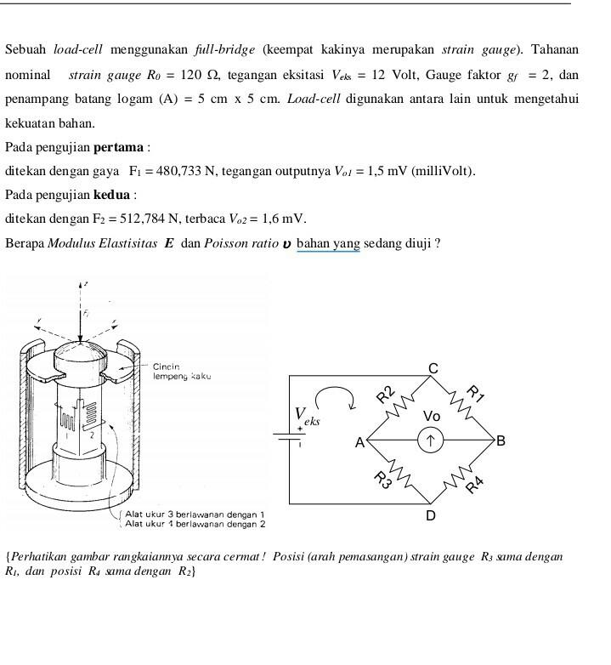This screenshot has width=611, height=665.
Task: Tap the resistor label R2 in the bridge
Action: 386,393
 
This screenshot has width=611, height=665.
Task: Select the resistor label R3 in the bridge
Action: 383,480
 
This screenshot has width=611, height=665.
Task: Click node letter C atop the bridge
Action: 433,368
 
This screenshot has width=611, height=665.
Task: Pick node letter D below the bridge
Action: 431,516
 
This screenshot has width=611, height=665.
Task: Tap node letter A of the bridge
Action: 359,442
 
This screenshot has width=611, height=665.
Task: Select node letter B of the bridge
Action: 501,440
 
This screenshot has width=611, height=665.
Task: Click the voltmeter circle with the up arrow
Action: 431,440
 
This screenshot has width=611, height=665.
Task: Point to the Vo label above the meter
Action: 432,417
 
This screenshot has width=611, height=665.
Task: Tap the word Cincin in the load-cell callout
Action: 166,367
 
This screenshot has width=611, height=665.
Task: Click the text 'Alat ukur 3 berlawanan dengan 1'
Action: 195,514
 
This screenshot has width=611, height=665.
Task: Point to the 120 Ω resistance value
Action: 206,76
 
